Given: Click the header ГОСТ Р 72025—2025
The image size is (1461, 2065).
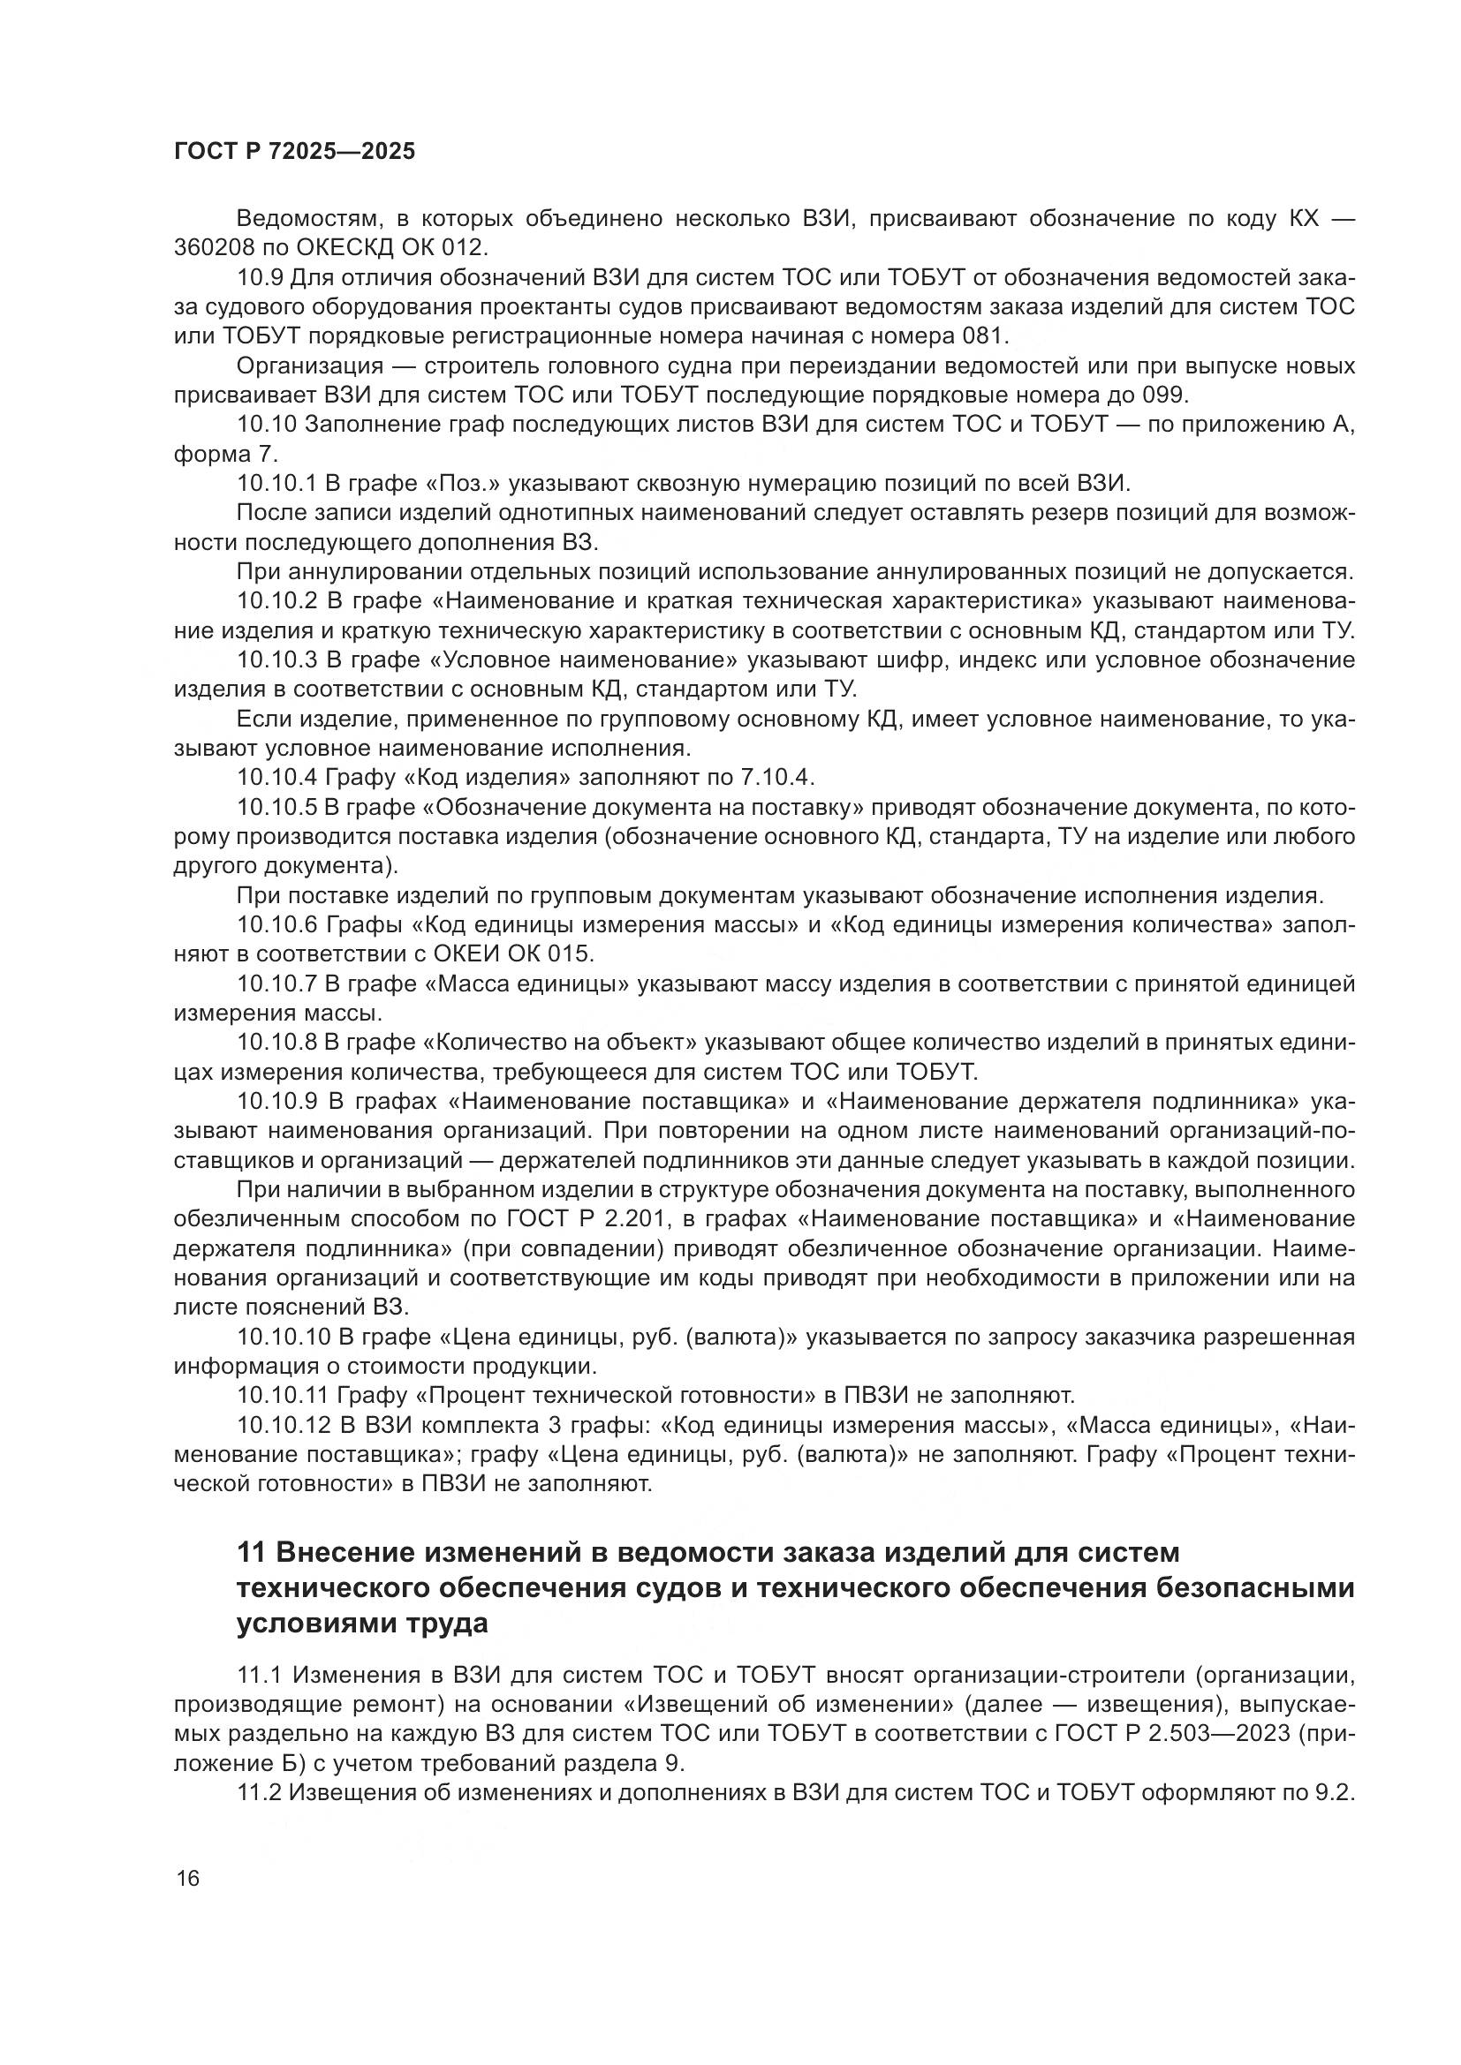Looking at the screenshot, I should click(x=294, y=151).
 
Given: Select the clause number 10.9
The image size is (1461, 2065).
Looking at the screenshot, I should click(x=259, y=278).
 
